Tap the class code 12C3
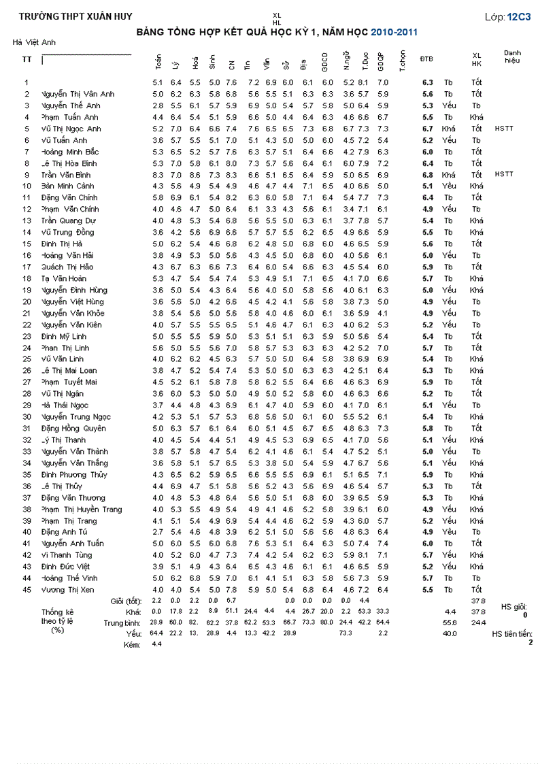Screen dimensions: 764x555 [519, 16]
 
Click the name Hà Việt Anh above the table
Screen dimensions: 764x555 [34, 42]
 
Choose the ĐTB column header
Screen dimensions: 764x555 [427, 59]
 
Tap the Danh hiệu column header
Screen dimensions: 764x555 [512, 56]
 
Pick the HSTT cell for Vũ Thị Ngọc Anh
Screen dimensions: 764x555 [504, 128]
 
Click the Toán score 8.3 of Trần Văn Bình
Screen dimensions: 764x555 [158, 174]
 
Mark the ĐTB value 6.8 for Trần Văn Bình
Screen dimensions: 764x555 [427, 174]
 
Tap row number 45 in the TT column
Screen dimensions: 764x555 [27, 590]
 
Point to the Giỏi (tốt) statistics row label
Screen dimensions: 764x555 [126, 601]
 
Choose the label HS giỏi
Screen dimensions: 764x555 [514, 606]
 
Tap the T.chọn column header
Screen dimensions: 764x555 [403, 61]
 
